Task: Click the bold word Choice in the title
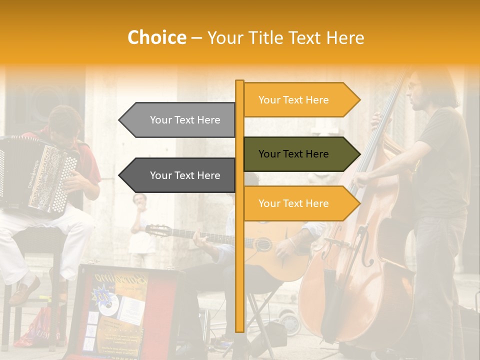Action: pos(156,37)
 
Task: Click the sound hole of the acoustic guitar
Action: pos(263,244)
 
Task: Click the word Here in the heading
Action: pos(345,37)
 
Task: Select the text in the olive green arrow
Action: pos(293,154)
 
